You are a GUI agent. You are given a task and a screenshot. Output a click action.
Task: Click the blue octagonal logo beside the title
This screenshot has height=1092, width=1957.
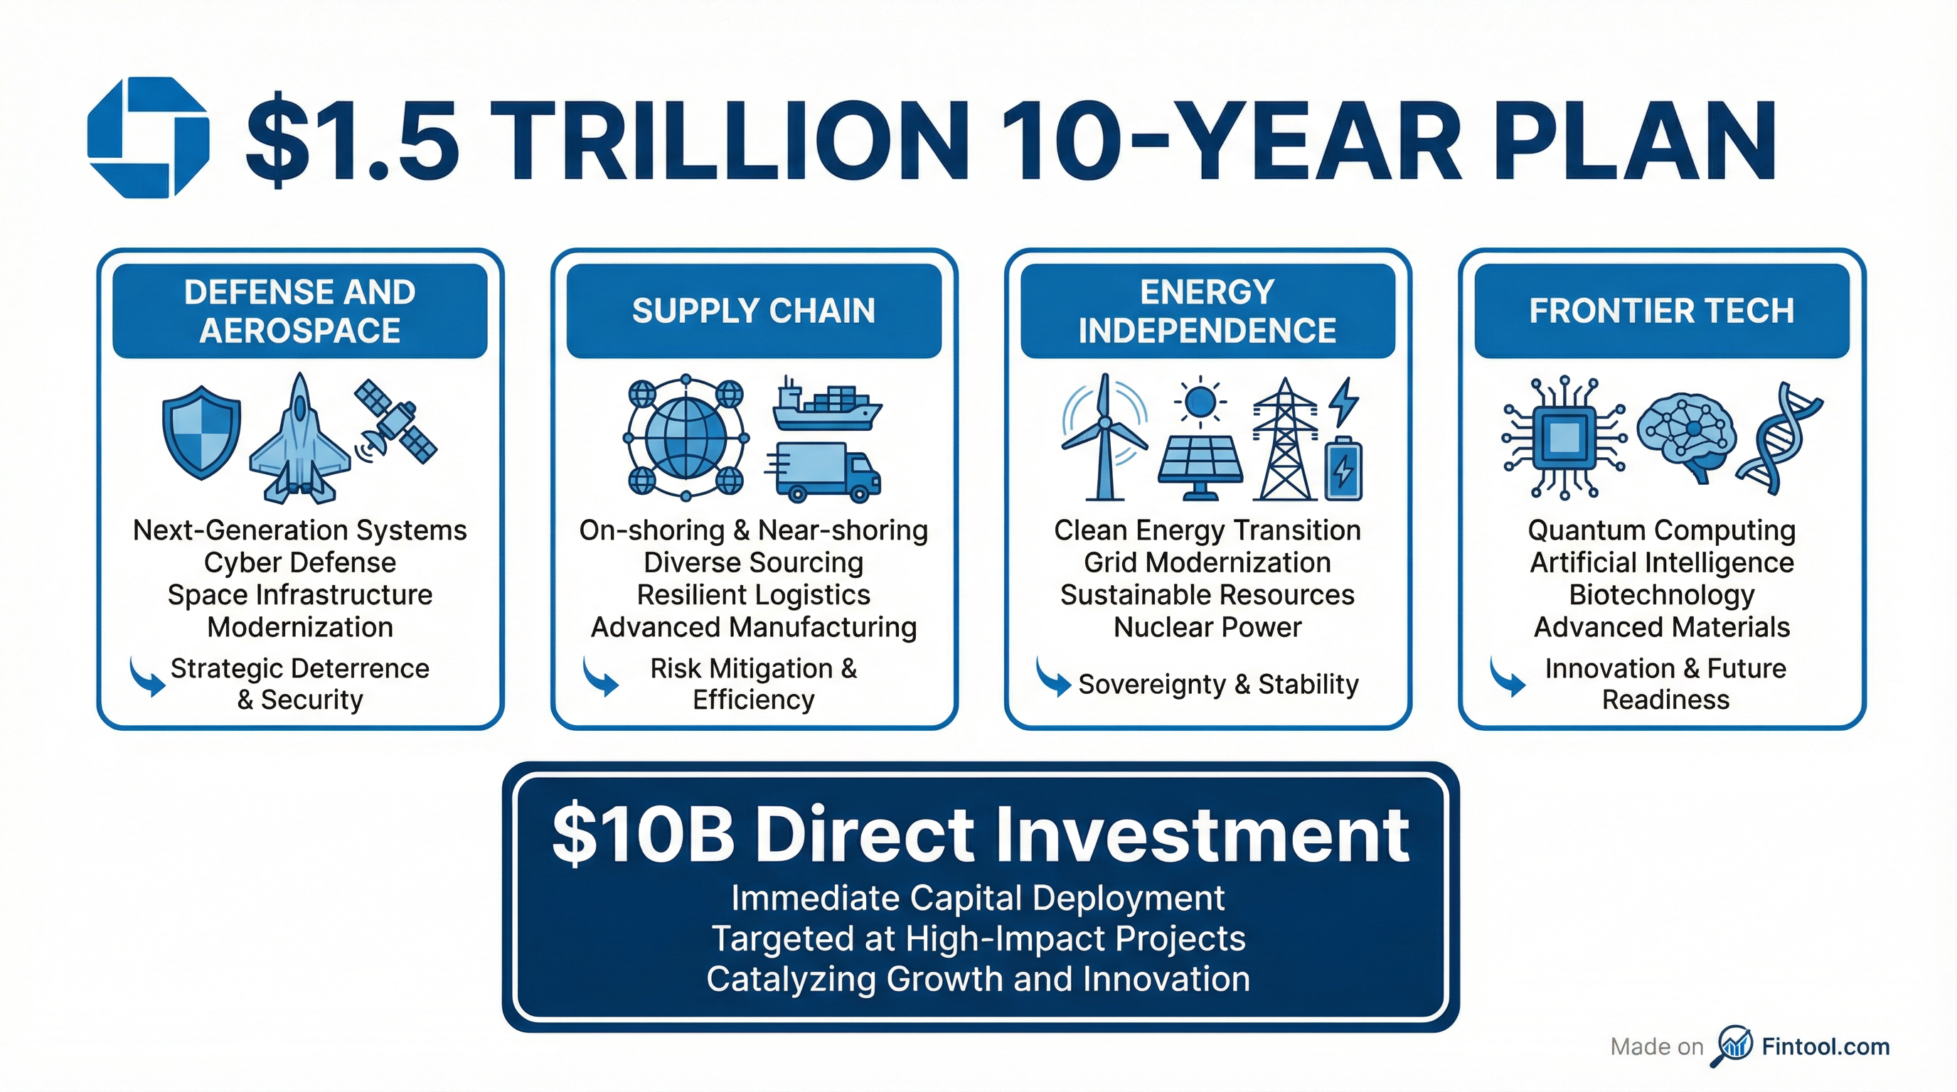pyautogui.click(x=147, y=137)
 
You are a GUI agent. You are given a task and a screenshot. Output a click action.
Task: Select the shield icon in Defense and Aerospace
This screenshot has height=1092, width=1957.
pyautogui.click(x=201, y=432)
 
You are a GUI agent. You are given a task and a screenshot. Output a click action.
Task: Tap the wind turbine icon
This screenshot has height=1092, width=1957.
pyautogui.click(x=1104, y=437)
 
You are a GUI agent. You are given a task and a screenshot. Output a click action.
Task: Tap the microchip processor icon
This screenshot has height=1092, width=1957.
pyautogui.click(x=1564, y=437)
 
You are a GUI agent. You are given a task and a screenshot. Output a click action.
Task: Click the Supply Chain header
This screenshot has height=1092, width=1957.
pyautogui.click(x=754, y=311)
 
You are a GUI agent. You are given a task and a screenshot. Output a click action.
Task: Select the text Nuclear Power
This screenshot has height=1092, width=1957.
pyautogui.click(x=1207, y=627)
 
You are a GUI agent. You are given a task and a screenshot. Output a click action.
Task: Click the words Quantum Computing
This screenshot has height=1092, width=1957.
pyautogui.click(x=1661, y=530)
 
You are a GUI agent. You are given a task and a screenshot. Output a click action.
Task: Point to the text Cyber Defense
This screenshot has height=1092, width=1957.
pyautogui.click(x=300, y=562)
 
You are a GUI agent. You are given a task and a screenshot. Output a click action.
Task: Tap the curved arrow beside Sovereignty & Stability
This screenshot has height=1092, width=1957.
pyautogui.click(x=1052, y=677)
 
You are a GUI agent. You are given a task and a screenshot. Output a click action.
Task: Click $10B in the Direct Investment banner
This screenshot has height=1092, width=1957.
pyautogui.click(x=643, y=835)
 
